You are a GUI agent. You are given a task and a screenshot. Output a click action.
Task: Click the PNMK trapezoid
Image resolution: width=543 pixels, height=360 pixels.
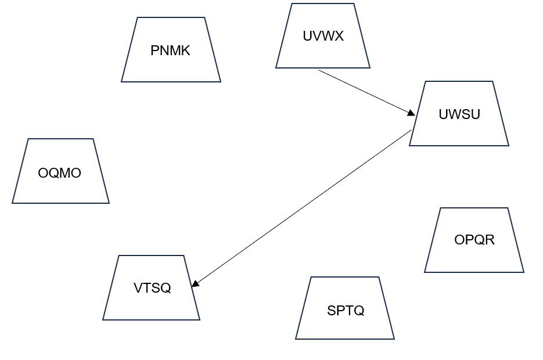click(171, 50)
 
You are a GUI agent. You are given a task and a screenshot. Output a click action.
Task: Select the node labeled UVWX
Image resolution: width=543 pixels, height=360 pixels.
click(323, 36)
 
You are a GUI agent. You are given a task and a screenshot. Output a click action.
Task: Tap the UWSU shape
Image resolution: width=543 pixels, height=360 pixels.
click(459, 114)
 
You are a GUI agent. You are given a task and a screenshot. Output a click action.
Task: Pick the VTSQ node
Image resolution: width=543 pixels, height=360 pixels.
click(152, 288)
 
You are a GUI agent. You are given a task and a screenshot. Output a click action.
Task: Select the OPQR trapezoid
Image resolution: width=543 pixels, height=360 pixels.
click(474, 240)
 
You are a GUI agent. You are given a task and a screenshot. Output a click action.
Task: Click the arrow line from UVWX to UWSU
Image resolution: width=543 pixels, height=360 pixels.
click(366, 92)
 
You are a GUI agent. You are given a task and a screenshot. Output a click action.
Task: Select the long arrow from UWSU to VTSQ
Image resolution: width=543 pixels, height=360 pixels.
click(302, 208)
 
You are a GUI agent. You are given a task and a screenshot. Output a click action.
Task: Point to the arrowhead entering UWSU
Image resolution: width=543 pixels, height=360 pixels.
click(411, 113)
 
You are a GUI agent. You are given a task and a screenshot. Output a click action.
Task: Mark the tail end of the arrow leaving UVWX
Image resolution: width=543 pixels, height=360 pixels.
click(319, 70)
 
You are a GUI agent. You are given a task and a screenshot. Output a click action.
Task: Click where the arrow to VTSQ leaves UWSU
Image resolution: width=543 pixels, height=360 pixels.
click(411, 131)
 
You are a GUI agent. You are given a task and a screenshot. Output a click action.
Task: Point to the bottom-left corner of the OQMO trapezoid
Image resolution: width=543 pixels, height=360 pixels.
click(12, 203)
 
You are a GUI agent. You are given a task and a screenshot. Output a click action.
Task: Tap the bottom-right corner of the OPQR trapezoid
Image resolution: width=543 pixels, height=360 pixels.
click(524, 272)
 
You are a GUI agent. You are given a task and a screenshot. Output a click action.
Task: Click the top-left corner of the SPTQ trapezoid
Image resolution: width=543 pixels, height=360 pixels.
click(311, 277)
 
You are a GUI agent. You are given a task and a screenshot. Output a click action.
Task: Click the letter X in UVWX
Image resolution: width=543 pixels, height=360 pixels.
click(339, 36)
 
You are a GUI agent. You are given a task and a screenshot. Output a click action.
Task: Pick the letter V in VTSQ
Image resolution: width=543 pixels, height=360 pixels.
click(138, 288)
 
